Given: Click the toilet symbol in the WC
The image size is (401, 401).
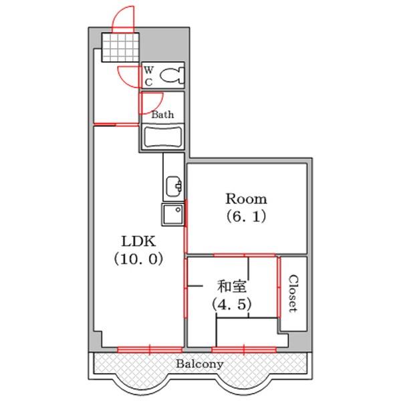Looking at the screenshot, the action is [172, 75].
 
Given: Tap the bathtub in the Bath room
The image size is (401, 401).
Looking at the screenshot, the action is [163, 136].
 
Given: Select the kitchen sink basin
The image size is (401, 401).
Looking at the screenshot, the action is [174, 186].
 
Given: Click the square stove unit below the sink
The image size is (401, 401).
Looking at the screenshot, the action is [172, 215].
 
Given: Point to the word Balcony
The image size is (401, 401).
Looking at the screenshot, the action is [199, 364].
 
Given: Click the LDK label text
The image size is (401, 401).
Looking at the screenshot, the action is [138, 241].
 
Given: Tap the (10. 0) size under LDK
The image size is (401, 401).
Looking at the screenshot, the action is [138, 259].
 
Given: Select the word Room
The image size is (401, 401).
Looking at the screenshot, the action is [246, 199].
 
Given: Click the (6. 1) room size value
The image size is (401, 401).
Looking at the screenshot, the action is [246, 217].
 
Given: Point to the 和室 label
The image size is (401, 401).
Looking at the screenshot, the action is [232, 287].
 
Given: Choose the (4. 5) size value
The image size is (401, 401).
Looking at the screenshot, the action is [232, 304].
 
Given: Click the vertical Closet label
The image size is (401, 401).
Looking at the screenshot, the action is [293, 293].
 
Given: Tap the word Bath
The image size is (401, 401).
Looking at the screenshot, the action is [162, 114].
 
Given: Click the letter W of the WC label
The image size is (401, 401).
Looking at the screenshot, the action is [148, 70].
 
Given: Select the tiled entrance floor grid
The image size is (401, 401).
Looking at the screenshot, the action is [120, 47].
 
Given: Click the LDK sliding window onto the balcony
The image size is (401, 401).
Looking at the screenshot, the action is [150, 350].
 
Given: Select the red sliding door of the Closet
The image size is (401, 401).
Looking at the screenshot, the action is [279, 287].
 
